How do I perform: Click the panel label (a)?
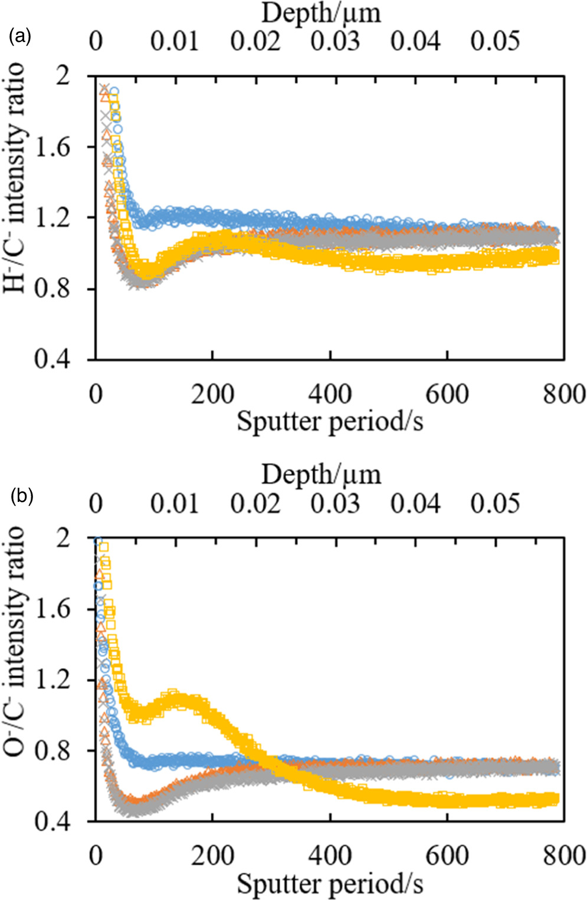coord(19,37)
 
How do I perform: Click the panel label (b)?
coord(21,496)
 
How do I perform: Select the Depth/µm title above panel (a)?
coord(321,13)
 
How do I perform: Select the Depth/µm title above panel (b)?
coord(321,474)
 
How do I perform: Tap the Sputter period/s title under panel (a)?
coord(330,422)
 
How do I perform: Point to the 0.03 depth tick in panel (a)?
coord(335,41)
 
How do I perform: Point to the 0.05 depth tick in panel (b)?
coord(495,503)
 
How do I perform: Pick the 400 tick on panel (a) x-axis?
coord(330,394)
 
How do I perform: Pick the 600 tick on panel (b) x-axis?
coord(447,856)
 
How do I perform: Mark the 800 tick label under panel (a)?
coord(564,394)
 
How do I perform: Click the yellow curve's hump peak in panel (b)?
coord(174,692)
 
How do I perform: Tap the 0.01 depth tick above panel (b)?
coord(175,503)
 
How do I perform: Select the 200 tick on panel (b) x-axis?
coord(212,856)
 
